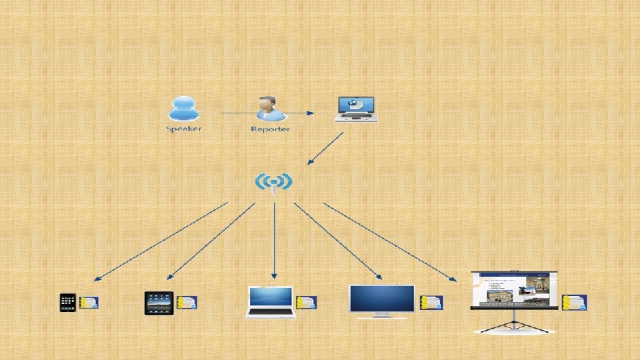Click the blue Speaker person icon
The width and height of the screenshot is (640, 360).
184,109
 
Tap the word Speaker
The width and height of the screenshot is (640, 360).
183,129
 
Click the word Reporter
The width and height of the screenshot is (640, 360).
270,129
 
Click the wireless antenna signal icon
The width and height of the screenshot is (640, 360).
273,181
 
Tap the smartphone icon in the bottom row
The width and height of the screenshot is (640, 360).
68,303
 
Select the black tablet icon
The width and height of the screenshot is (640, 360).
159,303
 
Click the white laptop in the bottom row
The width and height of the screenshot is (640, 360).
270,302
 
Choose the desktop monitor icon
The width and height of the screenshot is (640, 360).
382,301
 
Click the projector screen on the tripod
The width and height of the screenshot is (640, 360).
513,290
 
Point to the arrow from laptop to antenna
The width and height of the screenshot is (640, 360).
325,148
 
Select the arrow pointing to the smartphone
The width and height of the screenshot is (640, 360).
160,241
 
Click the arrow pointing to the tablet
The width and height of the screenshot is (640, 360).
210,241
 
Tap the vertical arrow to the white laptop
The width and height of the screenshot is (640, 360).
274,240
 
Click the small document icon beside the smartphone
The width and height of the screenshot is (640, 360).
89,303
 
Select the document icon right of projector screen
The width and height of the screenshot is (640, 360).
574,303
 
